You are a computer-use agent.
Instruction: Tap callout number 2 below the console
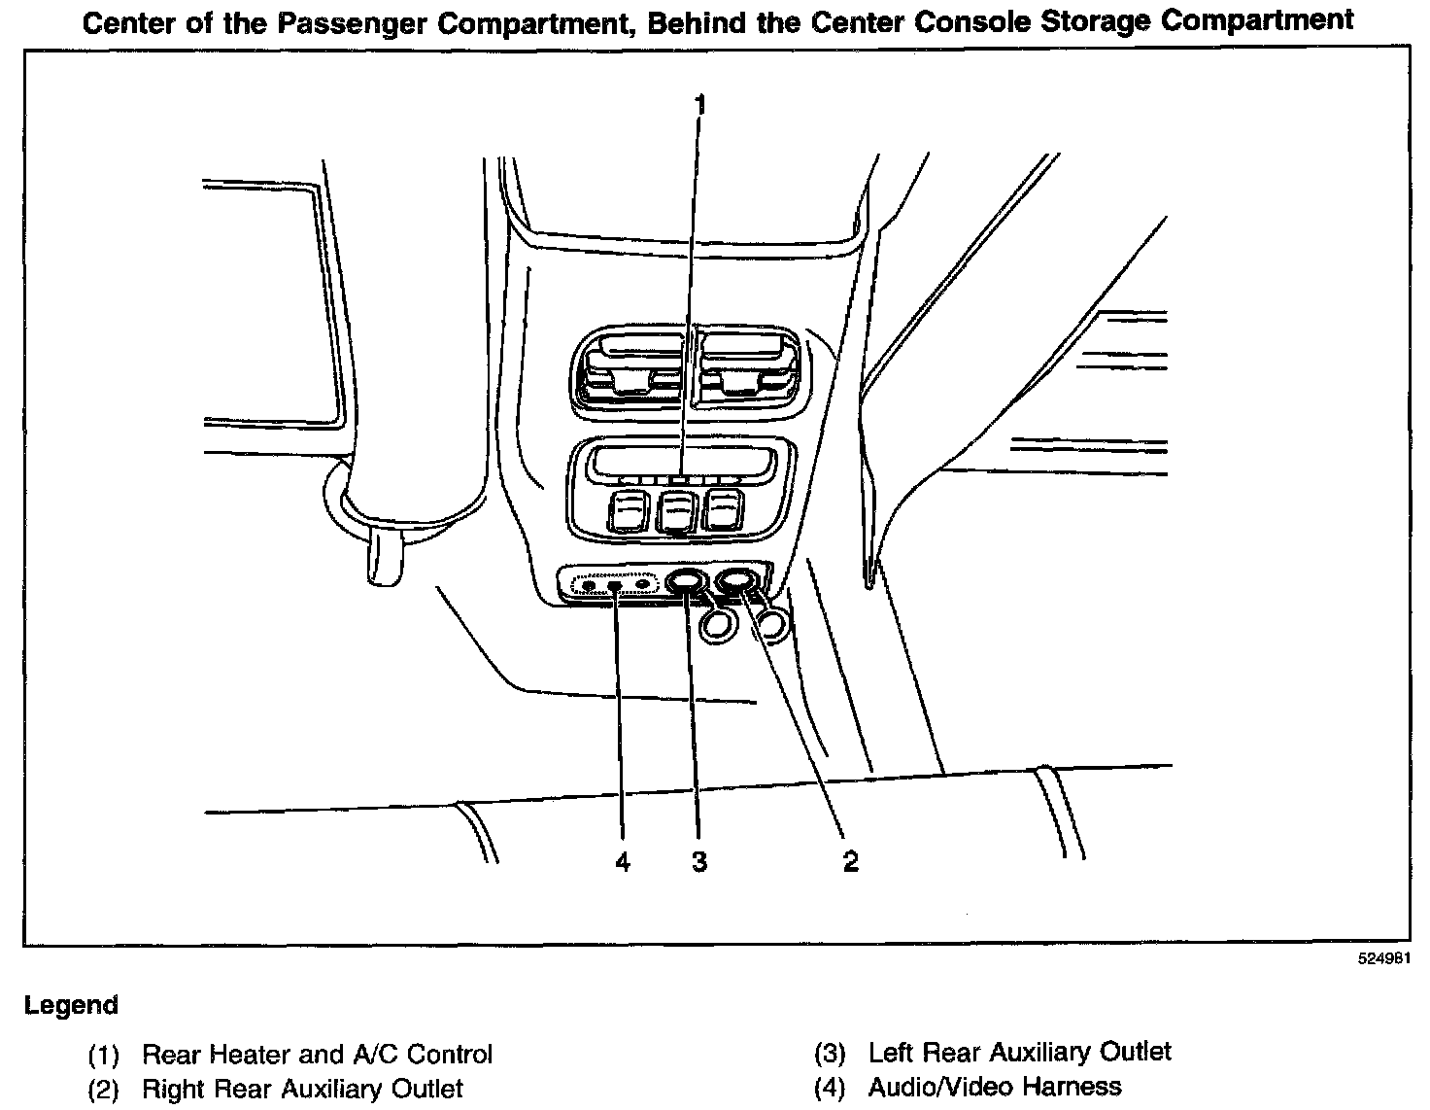pyautogui.click(x=850, y=861)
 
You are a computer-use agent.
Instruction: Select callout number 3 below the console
pyautogui.click(x=699, y=861)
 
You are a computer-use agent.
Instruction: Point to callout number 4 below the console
pyautogui.click(x=623, y=861)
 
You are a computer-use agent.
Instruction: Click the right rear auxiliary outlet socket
pyautogui.click(x=738, y=581)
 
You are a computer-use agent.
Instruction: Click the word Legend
pyautogui.click(x=72, y=1005)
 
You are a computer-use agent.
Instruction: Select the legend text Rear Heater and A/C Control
pyautogui.click(x=317, y=1055)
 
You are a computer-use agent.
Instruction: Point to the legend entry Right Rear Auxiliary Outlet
pyautogui.click(x=302, y=1089)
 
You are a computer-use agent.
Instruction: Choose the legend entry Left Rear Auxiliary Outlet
pyautogui.click(x=1019, y=1052)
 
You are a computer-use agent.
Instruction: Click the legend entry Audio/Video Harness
pyautogui.click(x=995, y=1086)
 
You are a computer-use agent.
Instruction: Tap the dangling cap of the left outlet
pyautogui.click(x=717, y=625)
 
